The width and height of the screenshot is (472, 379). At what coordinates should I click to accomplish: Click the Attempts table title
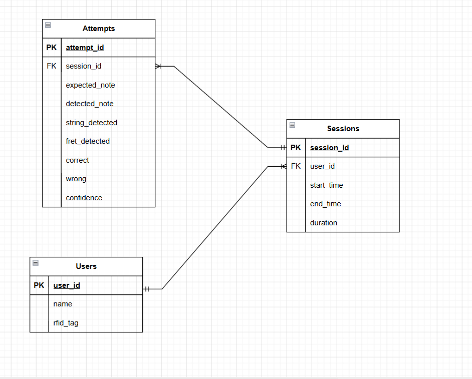[x=99, y=29]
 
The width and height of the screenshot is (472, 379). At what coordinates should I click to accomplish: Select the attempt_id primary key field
[x=85, y=48]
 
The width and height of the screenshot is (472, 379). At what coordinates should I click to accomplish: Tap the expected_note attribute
[x=90, y=85]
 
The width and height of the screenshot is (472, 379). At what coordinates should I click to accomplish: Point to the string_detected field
[x=92, y=123]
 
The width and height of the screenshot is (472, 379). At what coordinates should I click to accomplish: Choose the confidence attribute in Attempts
[x=84, y=198]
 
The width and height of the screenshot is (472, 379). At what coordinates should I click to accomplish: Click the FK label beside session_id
[x=52, y=66]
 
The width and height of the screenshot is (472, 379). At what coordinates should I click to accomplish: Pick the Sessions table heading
[x=343, y=129]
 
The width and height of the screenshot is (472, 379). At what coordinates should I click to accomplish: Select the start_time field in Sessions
[x=327, y=185]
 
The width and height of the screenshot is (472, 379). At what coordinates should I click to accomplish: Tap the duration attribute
[x=324, y=223]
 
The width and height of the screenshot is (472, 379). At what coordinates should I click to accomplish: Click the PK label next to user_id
[x=39, y=285]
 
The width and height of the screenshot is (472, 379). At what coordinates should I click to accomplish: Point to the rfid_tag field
[x=66, y=323]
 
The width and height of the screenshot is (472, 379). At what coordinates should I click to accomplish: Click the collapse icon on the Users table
[x=36, y=263]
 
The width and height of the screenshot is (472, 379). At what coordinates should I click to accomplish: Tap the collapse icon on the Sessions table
[x=292, y=125]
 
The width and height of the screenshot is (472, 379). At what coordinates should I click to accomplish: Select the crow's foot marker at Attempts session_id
[x=158, y=66]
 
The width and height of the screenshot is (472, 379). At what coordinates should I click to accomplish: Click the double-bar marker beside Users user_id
[x=147, y=289]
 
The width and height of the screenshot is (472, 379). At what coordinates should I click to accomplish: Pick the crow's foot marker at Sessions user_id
[x=284, y=166]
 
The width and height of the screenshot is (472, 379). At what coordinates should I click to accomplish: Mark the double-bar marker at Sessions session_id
[x=283, y=148]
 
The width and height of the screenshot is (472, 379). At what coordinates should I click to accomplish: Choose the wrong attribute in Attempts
[x=76, y=179]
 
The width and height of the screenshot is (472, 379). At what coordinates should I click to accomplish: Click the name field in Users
[x=63, y=304]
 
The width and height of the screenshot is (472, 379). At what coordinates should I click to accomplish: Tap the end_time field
[x=325, y=204]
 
